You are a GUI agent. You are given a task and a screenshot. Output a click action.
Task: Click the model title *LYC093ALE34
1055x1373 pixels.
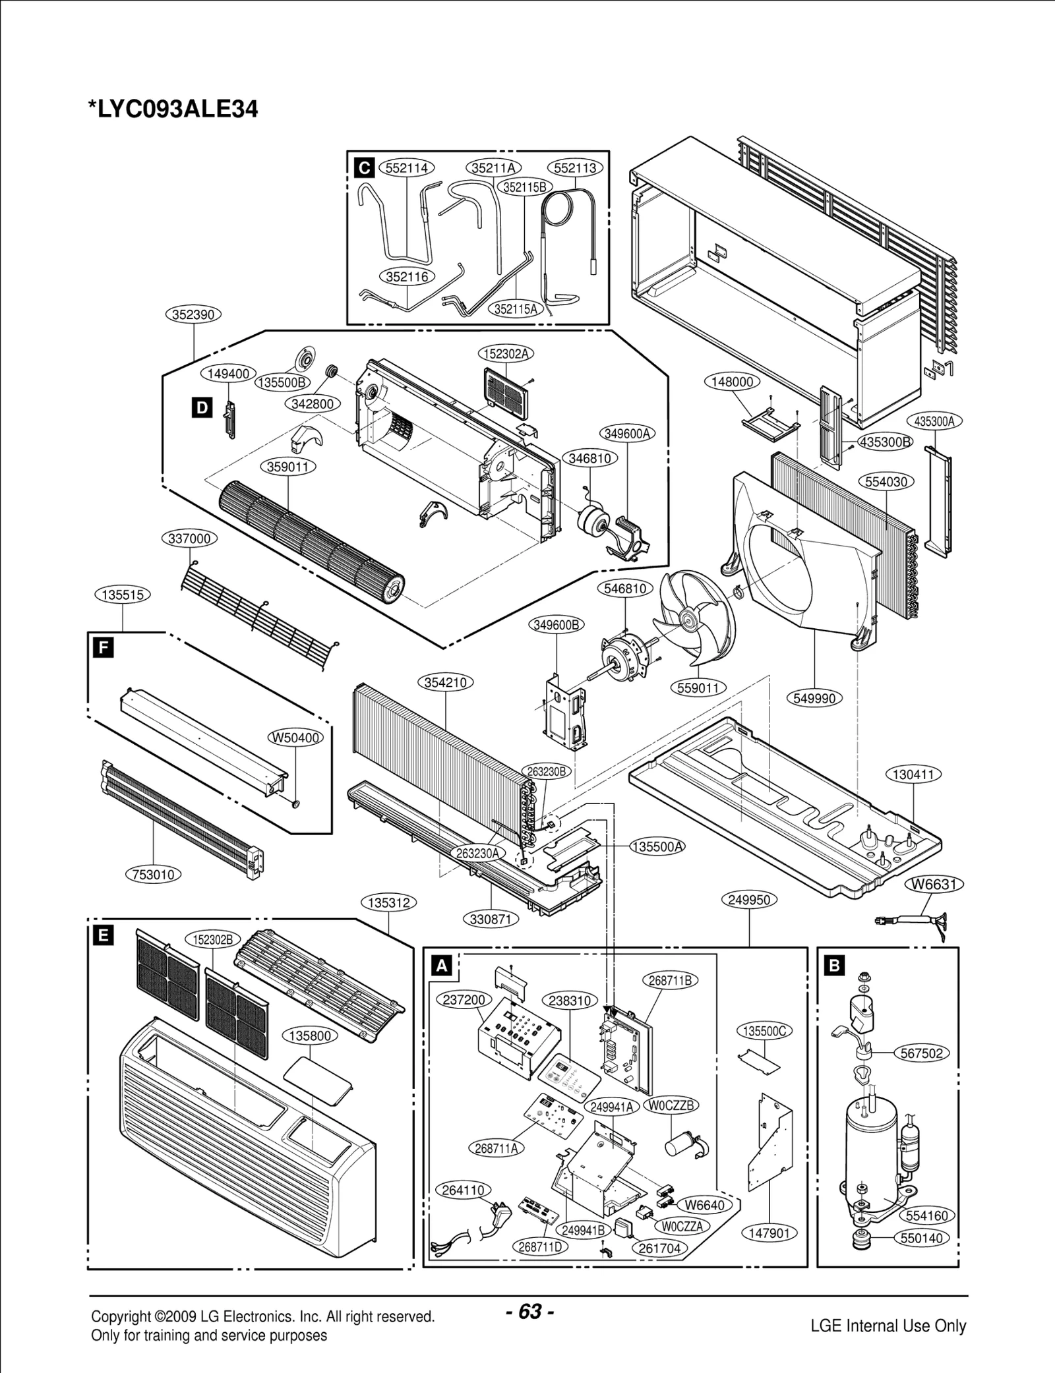173,109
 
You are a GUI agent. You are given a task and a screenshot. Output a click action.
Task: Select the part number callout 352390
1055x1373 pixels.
193,314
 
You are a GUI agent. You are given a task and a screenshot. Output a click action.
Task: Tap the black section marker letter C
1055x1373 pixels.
364,168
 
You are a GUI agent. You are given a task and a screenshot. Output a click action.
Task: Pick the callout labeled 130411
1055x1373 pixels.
913,774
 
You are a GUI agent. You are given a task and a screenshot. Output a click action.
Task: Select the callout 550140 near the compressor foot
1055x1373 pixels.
921,1238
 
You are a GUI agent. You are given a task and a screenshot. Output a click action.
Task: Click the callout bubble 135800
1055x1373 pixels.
310,1036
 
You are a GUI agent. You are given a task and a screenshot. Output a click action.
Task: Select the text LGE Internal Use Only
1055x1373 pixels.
888,1307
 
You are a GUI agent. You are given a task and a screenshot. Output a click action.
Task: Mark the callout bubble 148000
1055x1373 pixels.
732,382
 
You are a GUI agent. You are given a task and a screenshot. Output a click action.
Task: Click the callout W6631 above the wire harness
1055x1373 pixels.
934,884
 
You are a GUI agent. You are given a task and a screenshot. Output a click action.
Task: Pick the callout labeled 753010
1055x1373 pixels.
154,875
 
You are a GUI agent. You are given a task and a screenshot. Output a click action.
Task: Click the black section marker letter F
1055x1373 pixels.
103,648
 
